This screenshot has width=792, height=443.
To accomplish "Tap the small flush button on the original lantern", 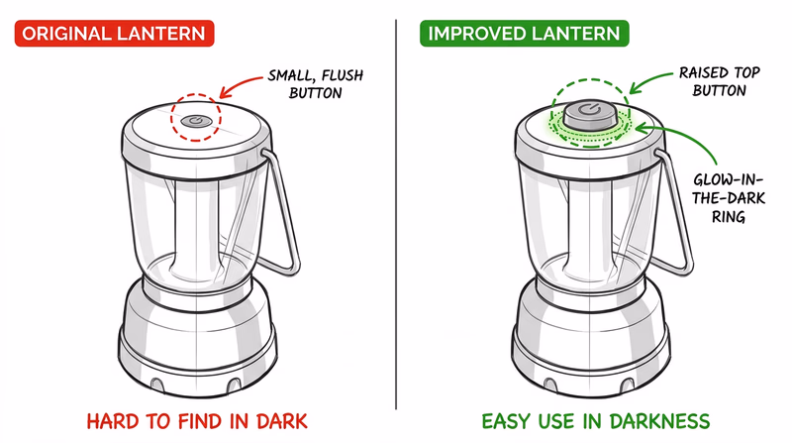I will pyautogui.click(x=198, y=119).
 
